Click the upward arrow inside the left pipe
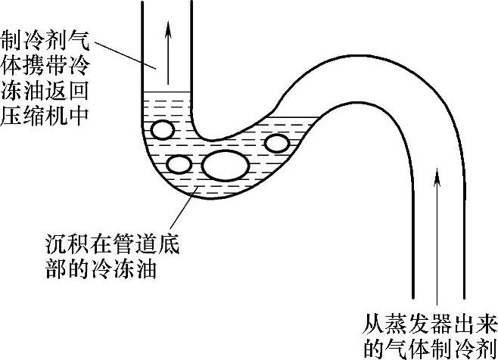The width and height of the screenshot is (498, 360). point(168,45)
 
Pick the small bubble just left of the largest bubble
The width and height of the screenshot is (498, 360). point(179,164)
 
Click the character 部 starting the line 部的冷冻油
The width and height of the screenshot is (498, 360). point(56,269)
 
